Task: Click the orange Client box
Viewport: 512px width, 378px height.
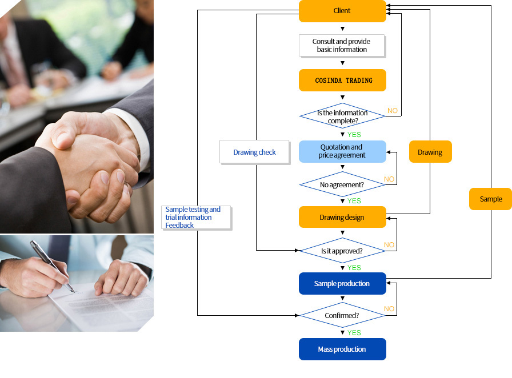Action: [x=342, y=11]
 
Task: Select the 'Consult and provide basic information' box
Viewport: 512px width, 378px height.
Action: [x=341, y=46]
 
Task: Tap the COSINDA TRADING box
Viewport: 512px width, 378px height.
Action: [x=342, y=80]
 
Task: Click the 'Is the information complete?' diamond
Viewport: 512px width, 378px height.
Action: [x=342, y=116]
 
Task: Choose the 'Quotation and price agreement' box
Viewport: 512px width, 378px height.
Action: [x=342, y=151]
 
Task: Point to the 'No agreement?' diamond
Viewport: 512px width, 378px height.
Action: [x=342, y=184]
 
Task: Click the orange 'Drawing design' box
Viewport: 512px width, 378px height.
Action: [x=342, y=217]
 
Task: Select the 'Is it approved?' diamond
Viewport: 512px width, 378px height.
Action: [x=342, y=251]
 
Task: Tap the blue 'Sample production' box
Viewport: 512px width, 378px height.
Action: [x=342, y=284]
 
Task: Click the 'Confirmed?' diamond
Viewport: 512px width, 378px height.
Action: [x=342, y=315]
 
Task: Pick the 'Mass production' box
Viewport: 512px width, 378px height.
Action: [x=342, y=349]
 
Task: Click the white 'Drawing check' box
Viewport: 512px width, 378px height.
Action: [x=254, y=152]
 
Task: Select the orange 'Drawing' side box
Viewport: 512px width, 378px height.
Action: [x=430, y=152]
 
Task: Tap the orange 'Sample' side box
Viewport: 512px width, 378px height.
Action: [x=490, y=199]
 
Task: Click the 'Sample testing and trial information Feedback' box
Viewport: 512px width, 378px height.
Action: [x=196, y=218]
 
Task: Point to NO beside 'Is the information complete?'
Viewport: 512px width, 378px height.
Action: [x=393, y=111]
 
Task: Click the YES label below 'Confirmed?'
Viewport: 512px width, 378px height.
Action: [x=354, y=333]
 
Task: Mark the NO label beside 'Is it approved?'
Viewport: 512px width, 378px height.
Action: [x=389, y=245]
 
